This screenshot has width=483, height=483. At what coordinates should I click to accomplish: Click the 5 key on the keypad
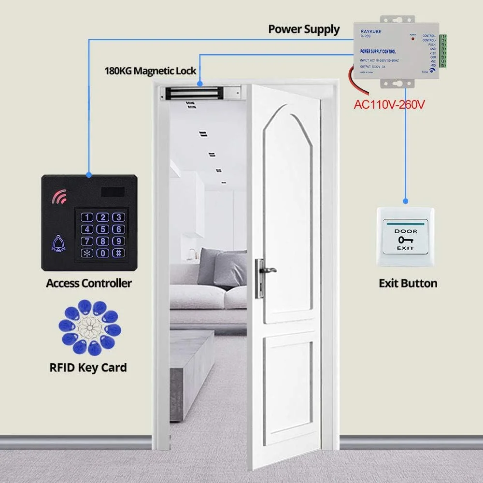tap(102, 229)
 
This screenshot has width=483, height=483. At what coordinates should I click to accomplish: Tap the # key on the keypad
tap(118, 253)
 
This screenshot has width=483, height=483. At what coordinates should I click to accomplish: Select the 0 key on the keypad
tap(102, 253)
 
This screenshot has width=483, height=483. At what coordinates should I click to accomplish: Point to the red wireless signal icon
tap(59, 197)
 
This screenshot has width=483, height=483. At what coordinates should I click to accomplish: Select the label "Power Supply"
tap(304, 29)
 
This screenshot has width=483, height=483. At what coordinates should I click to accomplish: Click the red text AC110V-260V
tap(389, 104)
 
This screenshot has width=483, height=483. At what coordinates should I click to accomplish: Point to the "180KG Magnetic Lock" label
tap(150, 71)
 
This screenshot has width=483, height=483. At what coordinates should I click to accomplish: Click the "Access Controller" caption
tap(88, 283)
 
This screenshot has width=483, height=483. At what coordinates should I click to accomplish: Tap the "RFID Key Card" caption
tap(88, 368)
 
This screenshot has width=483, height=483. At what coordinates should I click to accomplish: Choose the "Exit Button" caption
tap(408, 284)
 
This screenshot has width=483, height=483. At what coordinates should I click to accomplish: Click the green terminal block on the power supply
tap(442, 50)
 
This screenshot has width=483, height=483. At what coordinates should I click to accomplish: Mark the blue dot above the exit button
tap(406, 200)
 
